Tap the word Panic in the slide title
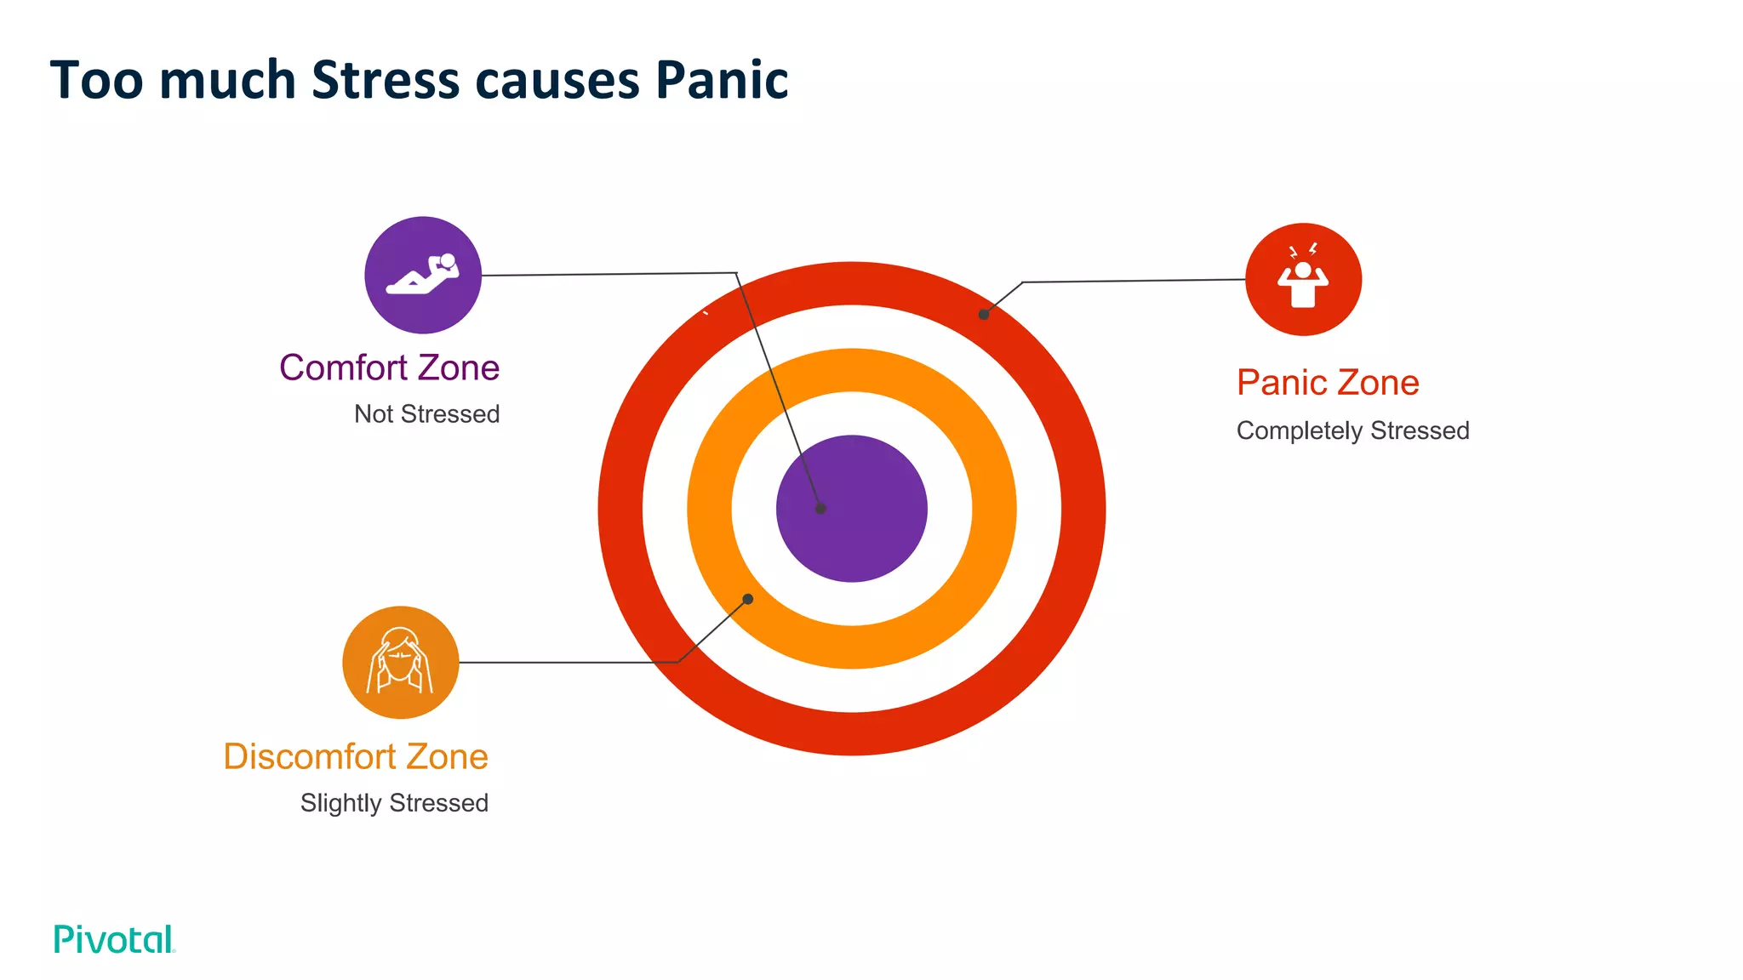pos(722,81)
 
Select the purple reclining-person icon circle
pos(423,275)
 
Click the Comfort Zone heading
pos(389,367)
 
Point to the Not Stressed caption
pos(426,414)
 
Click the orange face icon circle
pos(401,662)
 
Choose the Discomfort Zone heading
pos(356,756)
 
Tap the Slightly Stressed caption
pos(394,803)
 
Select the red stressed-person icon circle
pos(1303,279)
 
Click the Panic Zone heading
pos(1328,383)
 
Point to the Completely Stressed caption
pos(1352,430)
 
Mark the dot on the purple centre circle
pos(820,509)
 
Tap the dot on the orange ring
pos(748,599)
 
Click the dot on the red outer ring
pos(984,314)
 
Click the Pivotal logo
pos(114,939)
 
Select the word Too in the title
pos(96,81)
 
